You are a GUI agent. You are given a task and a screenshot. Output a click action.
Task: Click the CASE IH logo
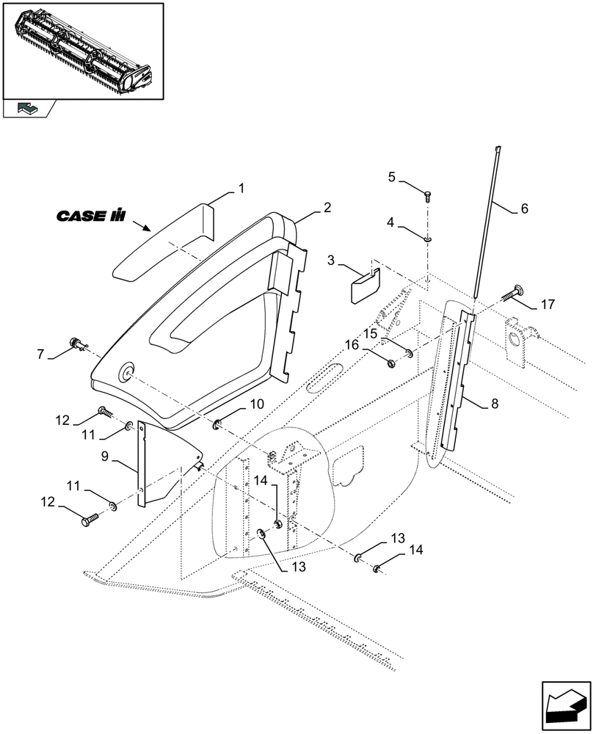click(x=91, y=217)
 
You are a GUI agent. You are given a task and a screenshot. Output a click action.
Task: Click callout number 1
click(x=240, y=189)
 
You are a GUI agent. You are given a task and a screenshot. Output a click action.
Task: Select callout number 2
click(x=327, y=208)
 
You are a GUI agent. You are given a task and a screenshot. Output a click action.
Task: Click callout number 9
click(x=218, y=425)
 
